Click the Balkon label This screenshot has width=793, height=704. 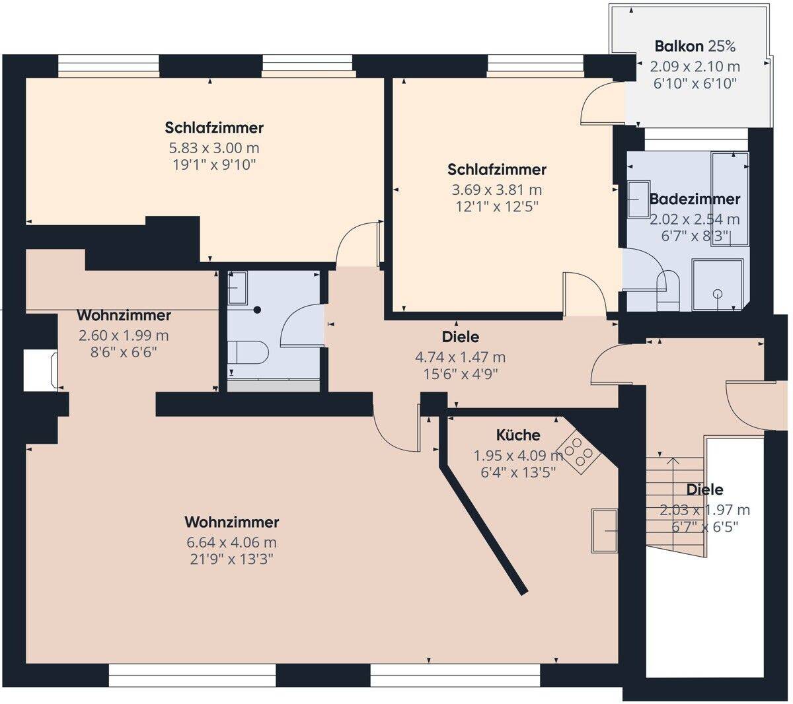pyautogui.click(x=679, y=46)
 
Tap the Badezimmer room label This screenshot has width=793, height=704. pyautogui.click(x=695, y=199)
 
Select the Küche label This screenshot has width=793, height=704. pyautogui.click(x=518, y=435)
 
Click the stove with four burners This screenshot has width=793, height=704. pyautogui.click(x=578, y=452)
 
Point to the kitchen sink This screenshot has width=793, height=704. pyautogui.click(x=605, y=531)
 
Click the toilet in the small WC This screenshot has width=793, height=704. pyautogui.click(x=248, y=352)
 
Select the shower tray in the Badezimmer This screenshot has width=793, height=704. pyautogui.click(x=717, y=285)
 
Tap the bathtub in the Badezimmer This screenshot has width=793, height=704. pyautogui.click(x=730, y=199)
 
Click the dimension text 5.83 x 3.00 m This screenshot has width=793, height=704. pyautogui.click(x=214, y=148)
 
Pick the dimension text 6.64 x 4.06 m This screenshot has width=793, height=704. pyautogui.click(x=232, y=542)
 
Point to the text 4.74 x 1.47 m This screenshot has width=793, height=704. pyautogui.click(x=461, y=357)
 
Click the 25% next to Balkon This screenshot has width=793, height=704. pyautogui.click(x=721, y=46)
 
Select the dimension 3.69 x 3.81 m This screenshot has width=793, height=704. pyautogui.click(x=497, y=190)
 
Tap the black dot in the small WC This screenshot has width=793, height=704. pyautogui.click(x=257, y=310)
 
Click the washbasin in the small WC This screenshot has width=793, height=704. pyautogui.click(x=237, y=288)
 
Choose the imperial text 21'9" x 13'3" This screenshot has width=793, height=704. pyautogui.click(x=232, y=559)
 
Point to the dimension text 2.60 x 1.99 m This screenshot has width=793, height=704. pyautogui.click(x=124, y=335)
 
